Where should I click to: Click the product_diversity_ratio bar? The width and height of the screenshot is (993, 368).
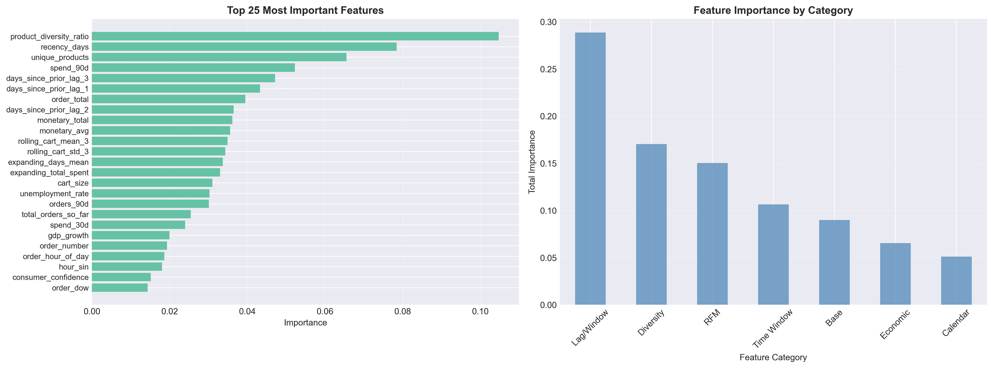[295, 36]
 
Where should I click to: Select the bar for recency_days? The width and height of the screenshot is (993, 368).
[244, 47]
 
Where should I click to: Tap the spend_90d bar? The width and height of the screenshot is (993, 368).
[193, 68]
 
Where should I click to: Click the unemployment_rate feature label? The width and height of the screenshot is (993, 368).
[54, 194]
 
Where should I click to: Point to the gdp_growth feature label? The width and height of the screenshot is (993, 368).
[68, 235]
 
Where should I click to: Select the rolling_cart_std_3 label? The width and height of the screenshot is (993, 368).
[58, 151]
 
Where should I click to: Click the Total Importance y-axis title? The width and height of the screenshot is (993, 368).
[532, 162]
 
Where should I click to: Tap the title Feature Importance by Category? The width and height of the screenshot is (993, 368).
[773, 10]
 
